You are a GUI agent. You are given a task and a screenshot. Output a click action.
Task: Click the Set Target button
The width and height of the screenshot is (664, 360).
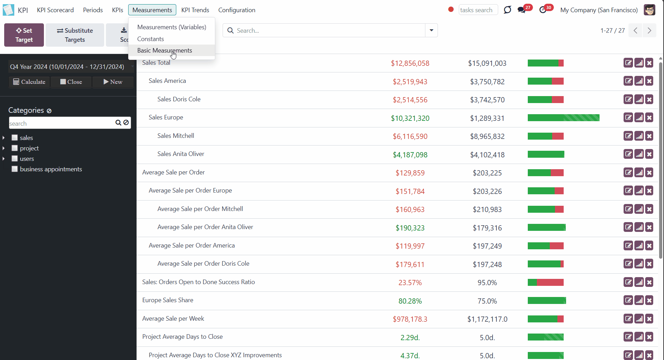point(24,35)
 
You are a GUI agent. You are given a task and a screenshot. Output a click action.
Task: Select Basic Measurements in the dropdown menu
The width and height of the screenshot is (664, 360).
point(164,50)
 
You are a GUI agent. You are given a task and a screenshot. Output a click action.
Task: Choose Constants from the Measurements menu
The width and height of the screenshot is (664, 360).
point(150,39)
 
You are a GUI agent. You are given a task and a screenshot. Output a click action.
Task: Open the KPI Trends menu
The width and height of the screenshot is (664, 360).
point(195,10)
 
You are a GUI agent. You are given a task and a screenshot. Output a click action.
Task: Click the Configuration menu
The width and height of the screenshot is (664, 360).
point(237,10)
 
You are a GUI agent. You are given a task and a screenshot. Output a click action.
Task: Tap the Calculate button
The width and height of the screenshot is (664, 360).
point(29,82)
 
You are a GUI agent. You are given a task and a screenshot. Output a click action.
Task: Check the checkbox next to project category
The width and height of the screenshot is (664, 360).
point(15,148)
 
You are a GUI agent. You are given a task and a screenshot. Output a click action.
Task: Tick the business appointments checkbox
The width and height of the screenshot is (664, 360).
point(15,169)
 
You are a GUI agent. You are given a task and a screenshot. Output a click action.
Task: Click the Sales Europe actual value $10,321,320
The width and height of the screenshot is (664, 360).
point(410,118)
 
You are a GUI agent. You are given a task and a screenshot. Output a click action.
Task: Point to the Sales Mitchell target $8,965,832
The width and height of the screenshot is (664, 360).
point(487,136)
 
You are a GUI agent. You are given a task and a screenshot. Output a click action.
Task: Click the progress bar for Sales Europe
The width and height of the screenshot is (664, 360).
point(564,118)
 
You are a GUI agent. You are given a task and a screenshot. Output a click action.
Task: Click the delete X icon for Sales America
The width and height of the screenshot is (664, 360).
point(649,81)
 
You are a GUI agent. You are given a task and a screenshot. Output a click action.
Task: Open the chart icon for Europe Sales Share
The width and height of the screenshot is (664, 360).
point(639,300)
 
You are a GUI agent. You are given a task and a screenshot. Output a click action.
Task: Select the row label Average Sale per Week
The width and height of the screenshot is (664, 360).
point(173,319)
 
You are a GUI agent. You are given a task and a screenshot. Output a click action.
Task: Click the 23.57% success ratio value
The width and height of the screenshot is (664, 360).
point(410,283)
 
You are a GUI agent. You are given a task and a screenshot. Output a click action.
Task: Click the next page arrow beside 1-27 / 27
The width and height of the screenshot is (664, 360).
point(649,31)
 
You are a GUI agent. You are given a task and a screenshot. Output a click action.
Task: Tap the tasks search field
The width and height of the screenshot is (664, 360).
point(478,10)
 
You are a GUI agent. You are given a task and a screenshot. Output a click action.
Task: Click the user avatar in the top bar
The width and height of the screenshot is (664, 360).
point(649,10)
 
